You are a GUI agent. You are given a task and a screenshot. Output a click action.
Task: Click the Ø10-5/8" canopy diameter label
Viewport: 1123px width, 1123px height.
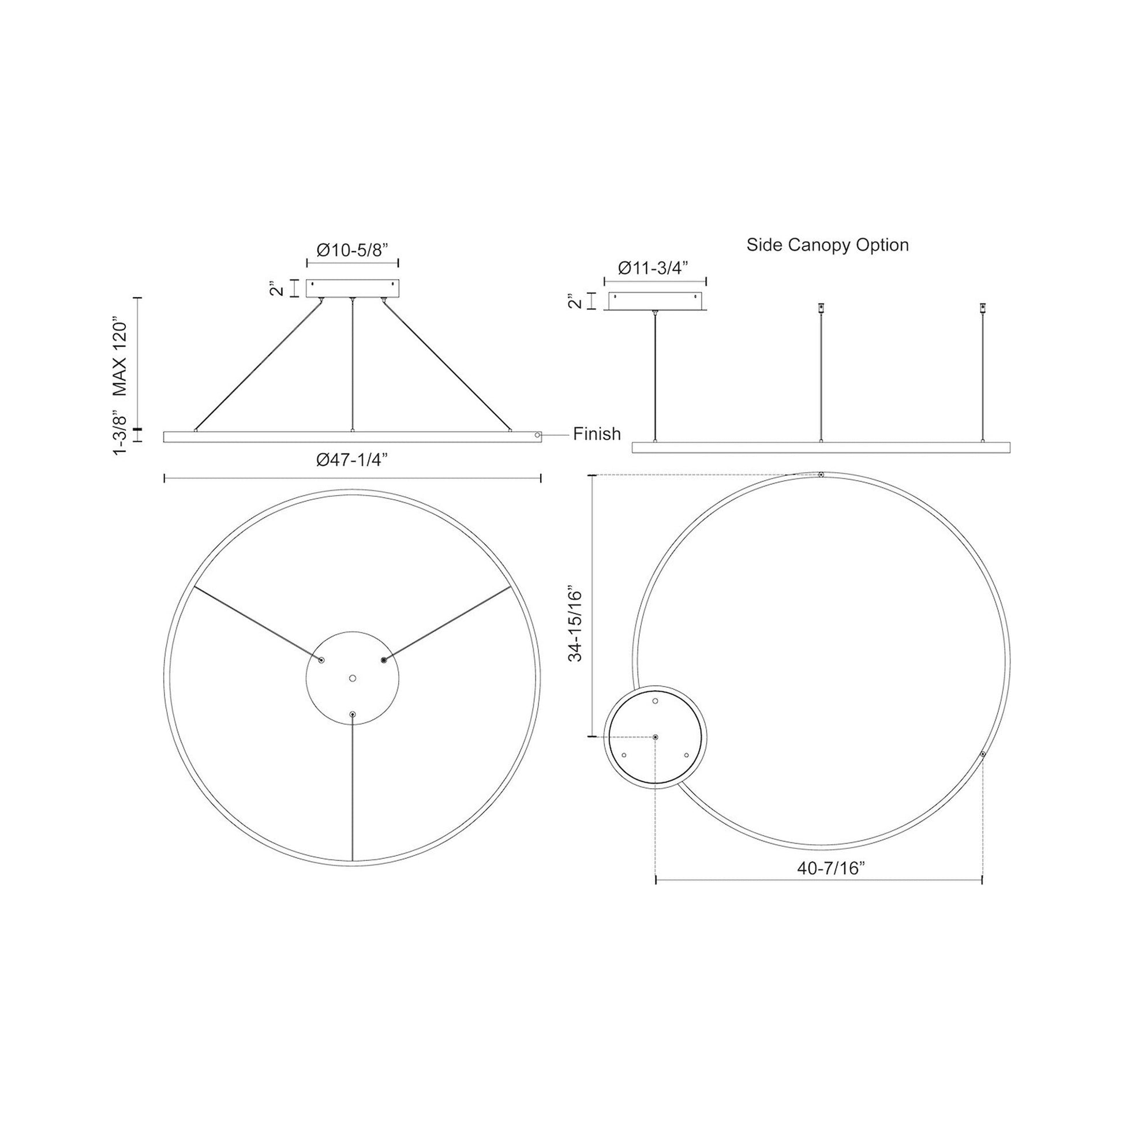[352, 250]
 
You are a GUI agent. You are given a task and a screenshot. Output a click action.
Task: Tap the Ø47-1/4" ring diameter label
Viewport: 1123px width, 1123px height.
[352, 459]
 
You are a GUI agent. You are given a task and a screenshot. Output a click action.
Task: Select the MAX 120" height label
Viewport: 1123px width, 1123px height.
[119, 356]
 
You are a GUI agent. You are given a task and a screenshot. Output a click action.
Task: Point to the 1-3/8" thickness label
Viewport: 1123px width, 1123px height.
[119, 435]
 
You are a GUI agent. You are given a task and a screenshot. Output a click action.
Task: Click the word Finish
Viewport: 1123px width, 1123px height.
[597, 433]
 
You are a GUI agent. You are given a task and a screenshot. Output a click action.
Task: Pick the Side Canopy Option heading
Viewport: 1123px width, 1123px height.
[828, 245]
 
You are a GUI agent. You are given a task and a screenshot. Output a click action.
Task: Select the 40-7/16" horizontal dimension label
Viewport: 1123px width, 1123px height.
[831, 884]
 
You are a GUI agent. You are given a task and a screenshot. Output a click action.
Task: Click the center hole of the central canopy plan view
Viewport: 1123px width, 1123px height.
[352, 677]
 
